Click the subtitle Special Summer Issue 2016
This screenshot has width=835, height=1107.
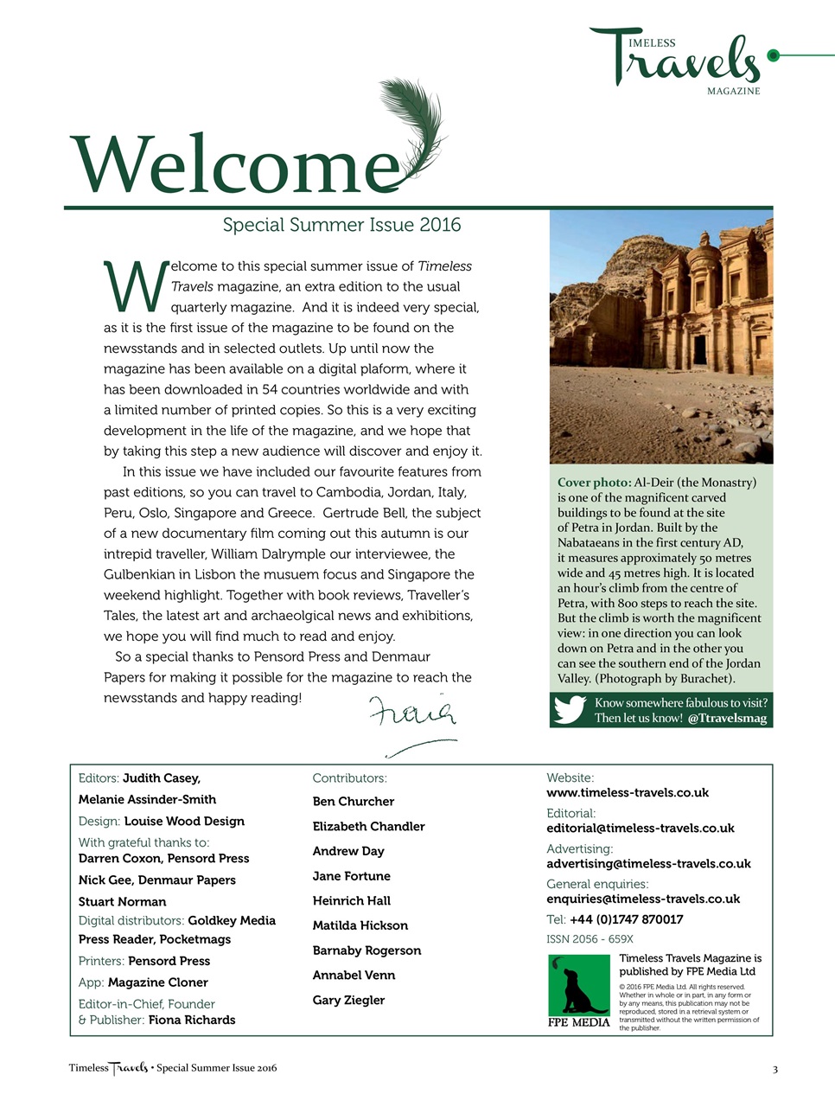click(x=341, y=225)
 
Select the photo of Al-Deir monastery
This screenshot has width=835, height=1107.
click(x=660, y=337)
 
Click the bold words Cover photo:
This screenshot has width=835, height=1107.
click(x=594, y=483)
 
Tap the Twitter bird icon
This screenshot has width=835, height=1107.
click(x=570, y=710)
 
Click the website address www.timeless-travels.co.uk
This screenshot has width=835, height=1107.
click(x=627, y=793)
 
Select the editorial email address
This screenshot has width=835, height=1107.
click(x=640, y=829)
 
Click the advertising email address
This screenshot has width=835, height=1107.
click(x=648, y=864)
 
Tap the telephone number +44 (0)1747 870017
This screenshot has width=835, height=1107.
click(x=626, y=919)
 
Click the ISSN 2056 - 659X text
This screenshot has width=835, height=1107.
click(x=590, y=939)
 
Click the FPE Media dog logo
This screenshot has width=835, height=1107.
click(x=579, y=990)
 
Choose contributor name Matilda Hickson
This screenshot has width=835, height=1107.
click(x=360, y=925)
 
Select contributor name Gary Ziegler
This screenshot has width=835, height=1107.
click(x=348, y=1000)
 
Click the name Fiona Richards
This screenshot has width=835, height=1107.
click(x=192, y=1020)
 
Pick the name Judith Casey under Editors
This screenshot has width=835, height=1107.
click(x=161, y=778)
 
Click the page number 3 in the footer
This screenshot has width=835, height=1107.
click(x=774, y=1070)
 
